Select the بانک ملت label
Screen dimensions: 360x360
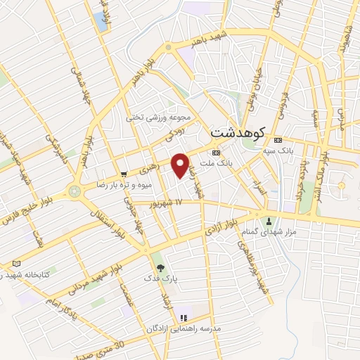(x=221, y=162)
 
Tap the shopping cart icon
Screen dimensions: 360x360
(x=124, y=174)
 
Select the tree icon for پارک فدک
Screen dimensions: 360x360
(x=160, y=267)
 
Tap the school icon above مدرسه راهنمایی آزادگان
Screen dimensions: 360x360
(x=184, y=318)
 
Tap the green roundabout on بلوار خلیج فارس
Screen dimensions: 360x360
(x=75, y=191)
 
